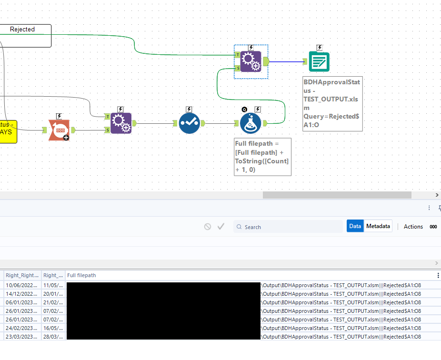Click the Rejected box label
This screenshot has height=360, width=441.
click(x=22, y=30)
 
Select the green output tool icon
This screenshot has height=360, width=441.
click(x=319, y=61)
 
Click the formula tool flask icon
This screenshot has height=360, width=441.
click(x=250, y=123)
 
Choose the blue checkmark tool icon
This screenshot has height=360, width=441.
click(x=189, y=123)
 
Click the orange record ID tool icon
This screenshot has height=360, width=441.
click(x=59, y=130)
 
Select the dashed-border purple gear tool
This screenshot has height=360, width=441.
click(x=251, y=61)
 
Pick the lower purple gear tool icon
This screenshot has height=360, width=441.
click(x=120, y=123)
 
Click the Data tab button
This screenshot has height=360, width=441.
click(x=355, y=226)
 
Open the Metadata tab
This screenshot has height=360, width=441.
click(x=378, y=226)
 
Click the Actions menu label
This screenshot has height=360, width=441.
click(x=413, y=227)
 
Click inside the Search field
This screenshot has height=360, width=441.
click(x=291, y=227)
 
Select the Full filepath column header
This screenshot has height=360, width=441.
click(x=81, y=275)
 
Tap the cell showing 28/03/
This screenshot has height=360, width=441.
click(x=52, y=337)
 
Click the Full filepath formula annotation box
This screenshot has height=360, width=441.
click(x=262, y=157)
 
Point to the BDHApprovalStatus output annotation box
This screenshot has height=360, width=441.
click(x=332, y=103)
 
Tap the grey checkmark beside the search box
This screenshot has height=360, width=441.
click(x=221, y=227)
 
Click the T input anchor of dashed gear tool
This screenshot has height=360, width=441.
click(x=237, y=55)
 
